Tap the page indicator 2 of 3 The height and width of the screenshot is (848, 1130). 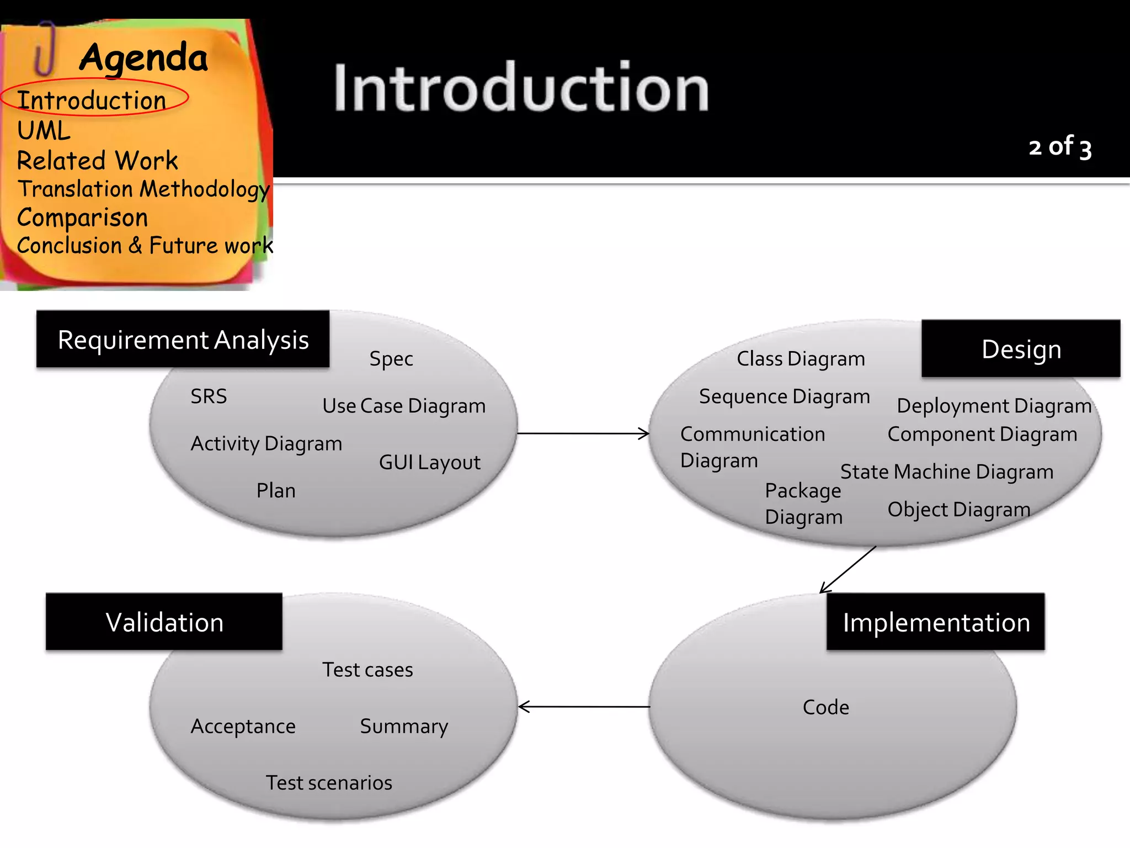[1059, 147]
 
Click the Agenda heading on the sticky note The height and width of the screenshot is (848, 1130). [143, 57]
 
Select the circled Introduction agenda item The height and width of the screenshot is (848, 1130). [92, 100]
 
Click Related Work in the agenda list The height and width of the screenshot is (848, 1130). [97, 161]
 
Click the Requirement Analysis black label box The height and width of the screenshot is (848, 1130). [183, 340]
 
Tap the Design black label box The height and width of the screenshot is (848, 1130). [1021, 349]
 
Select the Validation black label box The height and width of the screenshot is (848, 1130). [164, 622]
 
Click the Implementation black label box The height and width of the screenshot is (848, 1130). [936, 622]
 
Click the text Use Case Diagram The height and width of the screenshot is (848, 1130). [403, 406]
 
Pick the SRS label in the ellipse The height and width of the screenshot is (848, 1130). [209, 396]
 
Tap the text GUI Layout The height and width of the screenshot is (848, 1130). [429, 462]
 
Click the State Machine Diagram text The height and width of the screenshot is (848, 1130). [946, 471]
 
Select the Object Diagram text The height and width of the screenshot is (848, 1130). [958, 509]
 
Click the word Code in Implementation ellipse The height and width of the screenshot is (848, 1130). [825, 707]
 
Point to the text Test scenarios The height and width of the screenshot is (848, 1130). [329, 782]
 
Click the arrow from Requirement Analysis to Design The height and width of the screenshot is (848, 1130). [583, 433]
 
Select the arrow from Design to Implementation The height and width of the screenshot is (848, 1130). [848, 570]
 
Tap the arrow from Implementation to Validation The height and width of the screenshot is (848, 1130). [584, 707]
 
